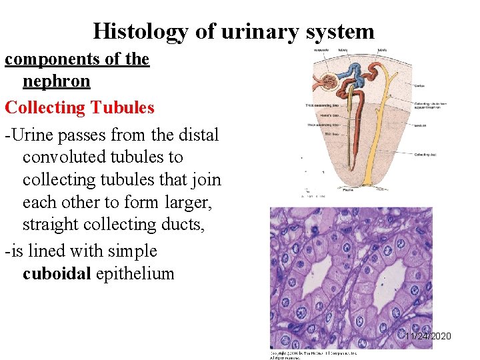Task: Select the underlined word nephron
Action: [56, 81]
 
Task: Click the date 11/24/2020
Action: [429, 336]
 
